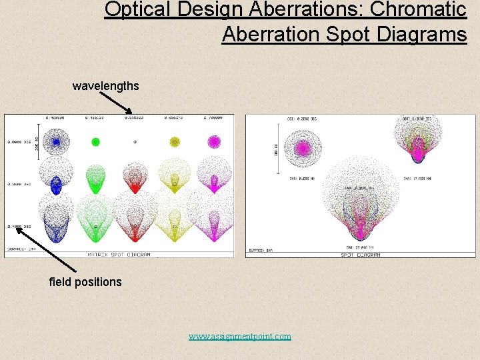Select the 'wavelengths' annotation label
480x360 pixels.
click(x=106, y=86)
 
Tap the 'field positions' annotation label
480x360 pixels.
click(x=85, y=281)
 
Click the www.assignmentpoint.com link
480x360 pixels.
click(x=239, y=336)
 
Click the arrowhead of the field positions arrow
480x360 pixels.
click(x=19, y=229)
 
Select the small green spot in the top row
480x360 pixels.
click(x=95, y=142)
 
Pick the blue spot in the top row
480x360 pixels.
click(x=57, y=142)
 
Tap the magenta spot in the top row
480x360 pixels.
click(x=214, y=141)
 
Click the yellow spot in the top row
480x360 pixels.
click(x=175, y=141)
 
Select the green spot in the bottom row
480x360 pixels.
click(x=95, y=223)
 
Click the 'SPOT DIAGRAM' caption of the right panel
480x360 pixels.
click(x=360, y=254)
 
